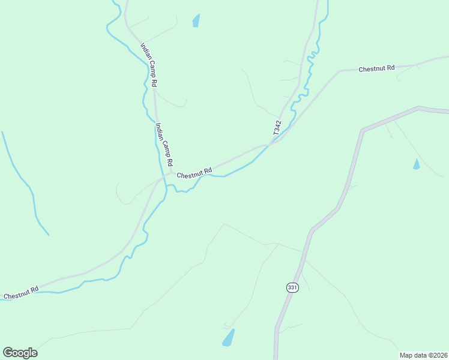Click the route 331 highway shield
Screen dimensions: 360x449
click(292, 287)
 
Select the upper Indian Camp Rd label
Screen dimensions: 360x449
click(149, 65)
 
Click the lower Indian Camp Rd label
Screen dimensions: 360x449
click(164, 145)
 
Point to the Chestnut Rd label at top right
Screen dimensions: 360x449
click(376, 68)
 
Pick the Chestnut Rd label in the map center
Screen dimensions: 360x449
click(194, 173)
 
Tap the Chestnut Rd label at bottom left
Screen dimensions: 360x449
click(21, 293)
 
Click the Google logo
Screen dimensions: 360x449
click(20, 352)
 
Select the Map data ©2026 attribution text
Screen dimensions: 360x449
click(423, 355)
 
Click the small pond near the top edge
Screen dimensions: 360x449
click(196, 21)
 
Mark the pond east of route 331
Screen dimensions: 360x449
click(417, 164)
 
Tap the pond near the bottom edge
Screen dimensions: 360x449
click(229, 338)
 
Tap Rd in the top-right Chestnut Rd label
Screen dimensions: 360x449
click(390, 68)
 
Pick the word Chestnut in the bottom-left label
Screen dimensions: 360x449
click(16, 294)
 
